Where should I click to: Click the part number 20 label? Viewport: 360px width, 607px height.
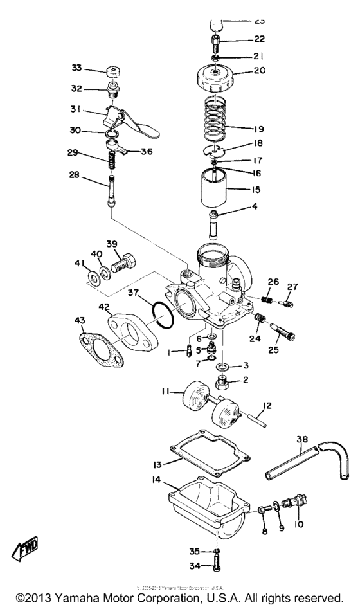click(258, 71)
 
